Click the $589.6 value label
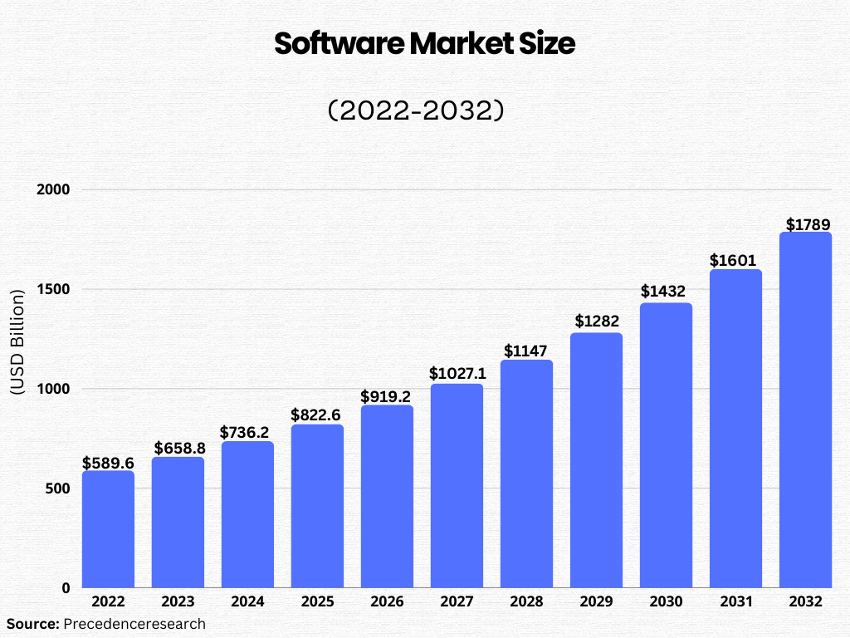[108, 463]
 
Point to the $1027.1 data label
[457, 374]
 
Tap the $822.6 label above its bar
[317, 415]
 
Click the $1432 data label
[666, 292]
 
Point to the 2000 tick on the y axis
[52, 189]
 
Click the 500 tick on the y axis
[56, 488]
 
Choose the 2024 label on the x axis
[247, 602]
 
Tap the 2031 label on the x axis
[735, 602]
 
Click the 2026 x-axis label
[387, 602]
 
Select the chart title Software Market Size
[424, 44]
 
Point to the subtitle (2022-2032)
[416, 110]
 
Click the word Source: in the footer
[32, 623]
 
